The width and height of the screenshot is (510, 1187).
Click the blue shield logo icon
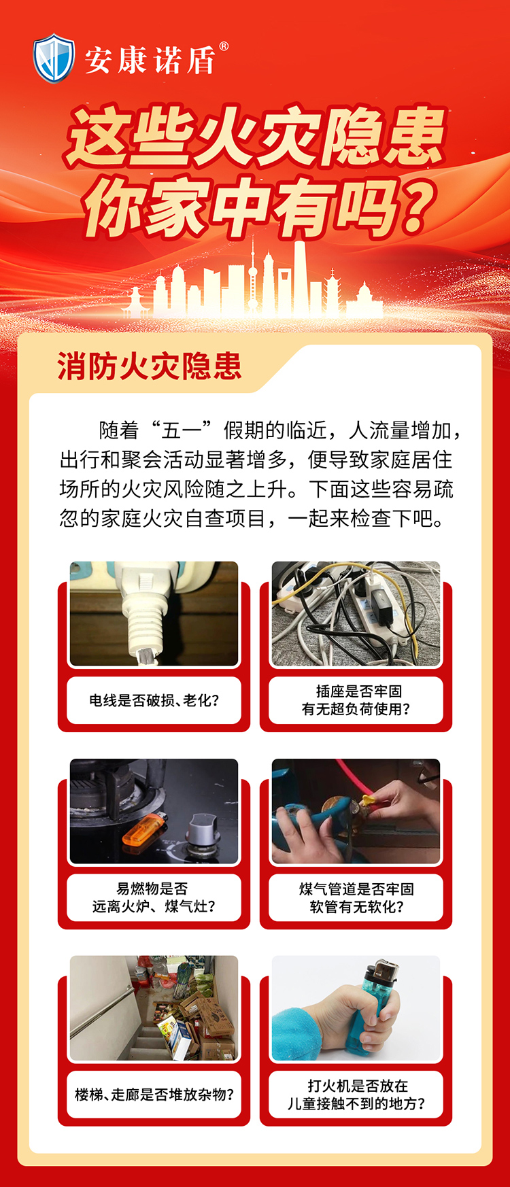(x=54, y=59)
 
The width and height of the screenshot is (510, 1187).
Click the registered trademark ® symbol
(x=224, y=47)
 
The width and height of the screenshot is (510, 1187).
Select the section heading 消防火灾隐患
(x=150, y=366)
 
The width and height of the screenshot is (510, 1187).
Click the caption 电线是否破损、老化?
(x=154, y=700)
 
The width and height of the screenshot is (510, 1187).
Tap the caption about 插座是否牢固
(x=356, y=700)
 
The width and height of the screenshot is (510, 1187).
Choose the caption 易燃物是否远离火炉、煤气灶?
(x=154, y=897)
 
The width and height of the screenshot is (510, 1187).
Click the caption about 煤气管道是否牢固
(x=356, y=897)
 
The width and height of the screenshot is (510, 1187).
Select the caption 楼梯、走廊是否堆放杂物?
(x=154, y=1095)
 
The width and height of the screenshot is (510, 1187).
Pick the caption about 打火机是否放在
(x=356, y=1095)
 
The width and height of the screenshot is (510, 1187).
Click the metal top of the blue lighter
(x=384, y=971)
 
